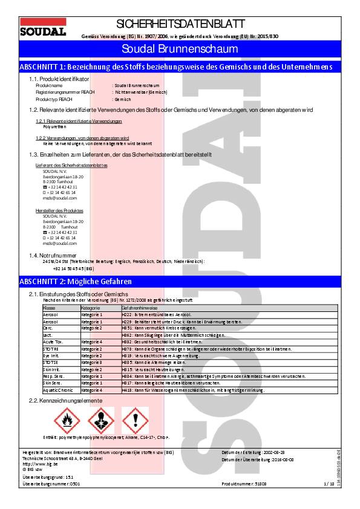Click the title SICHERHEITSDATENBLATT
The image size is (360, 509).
pyautogui.click(x=180, y=24)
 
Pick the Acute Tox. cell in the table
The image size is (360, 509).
pyautogui.click(x=53, y=342)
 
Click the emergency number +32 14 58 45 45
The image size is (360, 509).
pyautogui.click(x=73, y=268)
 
